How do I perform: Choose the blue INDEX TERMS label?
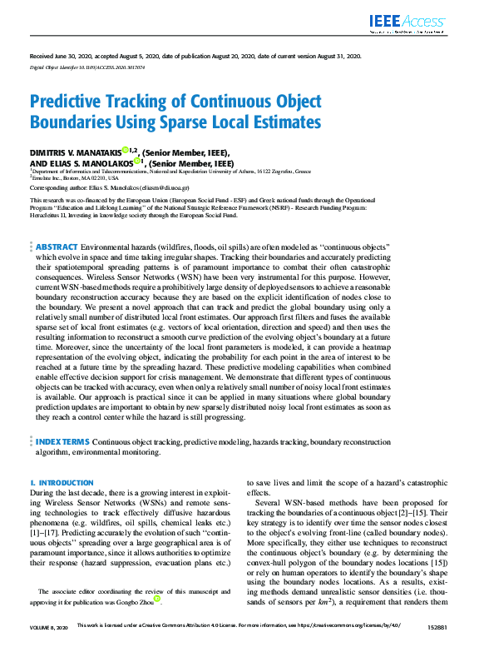(61, 442)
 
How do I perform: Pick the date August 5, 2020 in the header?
(131, 56)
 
